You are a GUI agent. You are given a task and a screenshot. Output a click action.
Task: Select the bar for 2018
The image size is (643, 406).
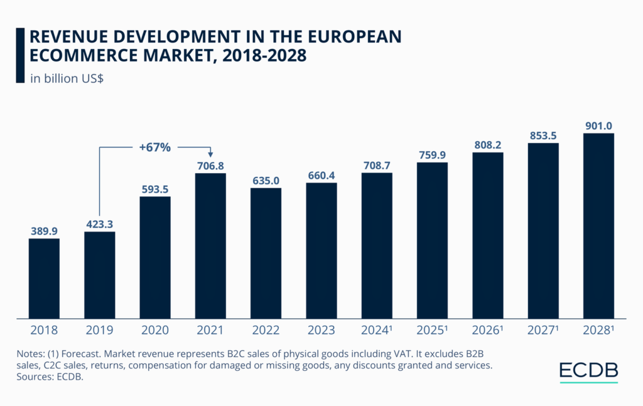coord(44,277)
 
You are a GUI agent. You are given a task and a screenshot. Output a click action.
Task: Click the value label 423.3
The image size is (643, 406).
coord(99,223)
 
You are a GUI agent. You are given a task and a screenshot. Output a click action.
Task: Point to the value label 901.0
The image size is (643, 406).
coord(598,124)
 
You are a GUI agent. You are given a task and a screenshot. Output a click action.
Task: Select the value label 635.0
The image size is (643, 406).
coord(266,180)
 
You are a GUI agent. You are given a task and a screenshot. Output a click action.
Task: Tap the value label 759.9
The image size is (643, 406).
coord(432,154)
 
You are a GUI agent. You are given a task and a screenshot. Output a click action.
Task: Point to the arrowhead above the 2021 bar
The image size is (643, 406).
coord(210,154)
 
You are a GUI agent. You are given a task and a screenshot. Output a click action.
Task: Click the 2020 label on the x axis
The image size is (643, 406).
coord(155,330)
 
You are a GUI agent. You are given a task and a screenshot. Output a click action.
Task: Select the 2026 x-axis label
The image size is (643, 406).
coord(489,330)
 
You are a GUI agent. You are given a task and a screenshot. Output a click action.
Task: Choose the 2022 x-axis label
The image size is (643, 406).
coord(266,330)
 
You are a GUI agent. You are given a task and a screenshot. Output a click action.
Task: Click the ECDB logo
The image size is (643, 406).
coord(588,370)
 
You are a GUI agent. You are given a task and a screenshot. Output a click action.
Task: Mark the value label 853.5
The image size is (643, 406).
coord(543,134)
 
